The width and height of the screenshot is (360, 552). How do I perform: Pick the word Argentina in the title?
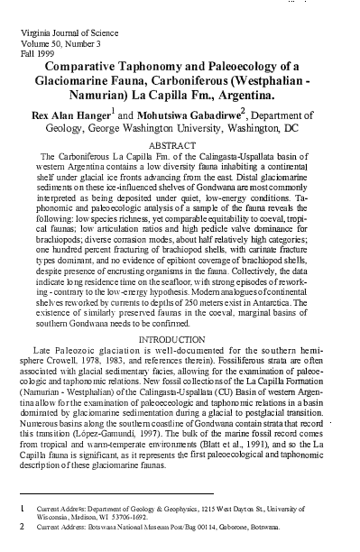click(290, 99)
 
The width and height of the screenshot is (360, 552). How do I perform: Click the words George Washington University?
click(180, 132)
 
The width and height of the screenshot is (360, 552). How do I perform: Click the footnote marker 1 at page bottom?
click(22, 509)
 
